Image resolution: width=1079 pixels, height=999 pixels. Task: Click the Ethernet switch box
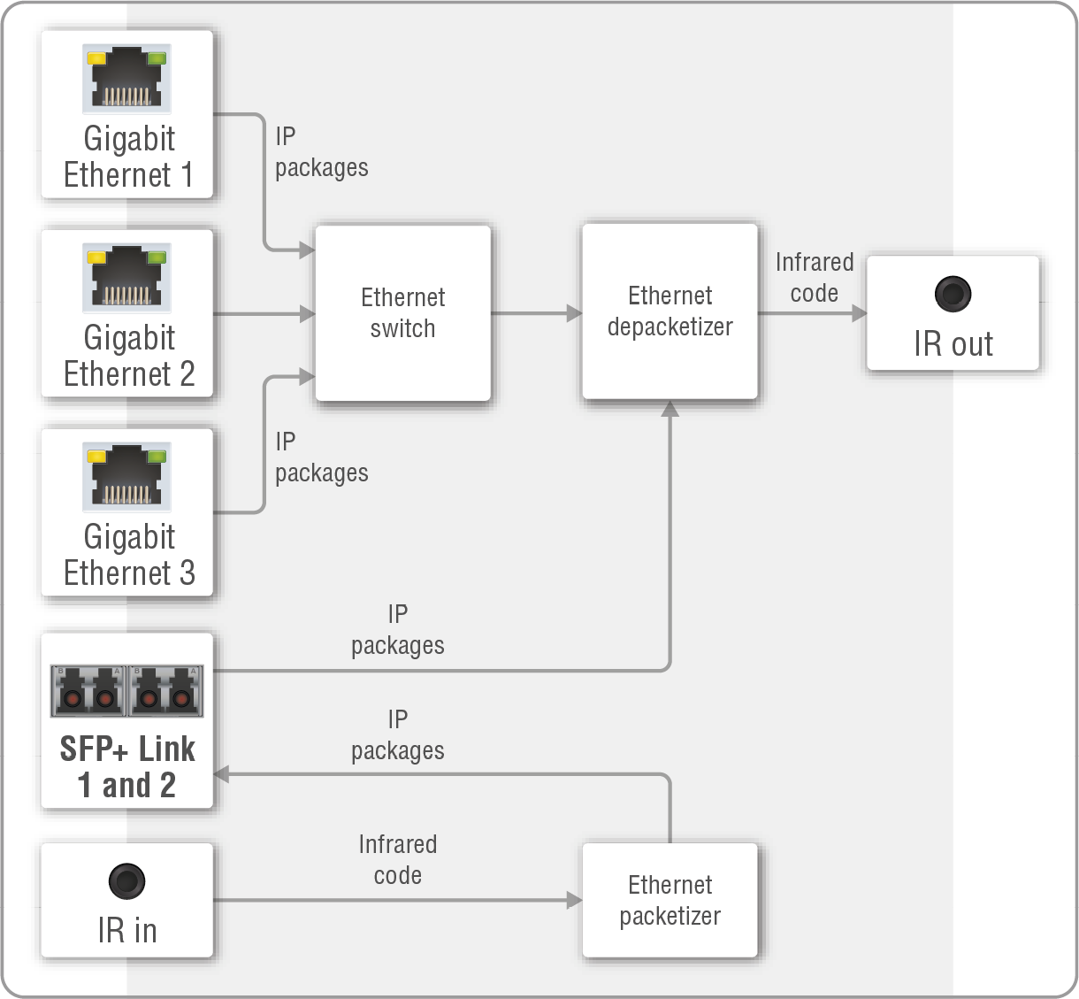(402, 312)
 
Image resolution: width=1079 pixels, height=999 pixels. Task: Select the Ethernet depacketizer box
(670, 311)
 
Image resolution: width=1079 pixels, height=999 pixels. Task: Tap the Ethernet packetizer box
(670, 900)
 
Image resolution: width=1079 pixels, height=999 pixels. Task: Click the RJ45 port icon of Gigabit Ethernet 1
(127, 79)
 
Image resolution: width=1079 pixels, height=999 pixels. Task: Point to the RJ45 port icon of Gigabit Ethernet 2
(127, 278)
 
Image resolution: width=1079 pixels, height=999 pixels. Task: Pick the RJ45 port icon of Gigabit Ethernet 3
(127, 477)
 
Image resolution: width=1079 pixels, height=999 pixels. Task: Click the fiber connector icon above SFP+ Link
(127, 691)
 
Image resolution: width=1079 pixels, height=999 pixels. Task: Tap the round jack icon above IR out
(953, 294)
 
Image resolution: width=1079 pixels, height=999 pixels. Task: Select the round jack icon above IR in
(126, 881)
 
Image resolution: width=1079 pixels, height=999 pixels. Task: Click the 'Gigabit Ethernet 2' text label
(129, 356)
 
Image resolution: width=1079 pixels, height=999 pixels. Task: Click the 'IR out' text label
(953, 344)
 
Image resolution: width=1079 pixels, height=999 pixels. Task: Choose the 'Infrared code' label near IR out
(814, 278)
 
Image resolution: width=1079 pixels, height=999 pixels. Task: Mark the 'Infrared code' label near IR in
(397, 859)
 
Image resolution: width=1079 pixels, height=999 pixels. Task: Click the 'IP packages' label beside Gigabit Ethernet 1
(321, 152)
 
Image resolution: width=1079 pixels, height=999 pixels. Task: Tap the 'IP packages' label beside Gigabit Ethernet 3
(321, 457)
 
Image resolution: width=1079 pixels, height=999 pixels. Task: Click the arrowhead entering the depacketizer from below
(670, 408)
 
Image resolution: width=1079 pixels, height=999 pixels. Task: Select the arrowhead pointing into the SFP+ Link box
(222, 774)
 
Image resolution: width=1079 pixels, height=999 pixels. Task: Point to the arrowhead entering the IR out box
(859, 313)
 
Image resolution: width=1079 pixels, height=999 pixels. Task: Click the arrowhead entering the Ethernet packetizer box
(574, 900)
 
